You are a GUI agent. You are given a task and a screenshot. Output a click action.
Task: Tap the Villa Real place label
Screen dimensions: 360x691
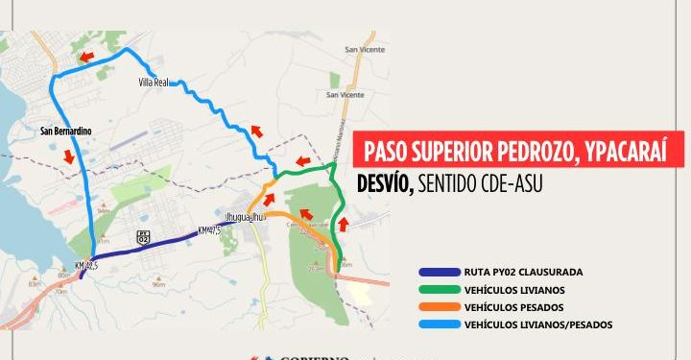tap(154, 83)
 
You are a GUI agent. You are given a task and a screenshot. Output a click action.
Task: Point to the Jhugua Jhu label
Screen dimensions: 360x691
tap(243, 216)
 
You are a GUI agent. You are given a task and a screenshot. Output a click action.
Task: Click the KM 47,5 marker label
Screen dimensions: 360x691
tap(209, 230)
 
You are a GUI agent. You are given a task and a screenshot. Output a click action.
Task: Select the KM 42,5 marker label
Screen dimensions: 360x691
tap(87, 266)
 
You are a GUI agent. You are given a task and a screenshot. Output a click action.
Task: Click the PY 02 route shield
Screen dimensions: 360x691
tap(143, 238)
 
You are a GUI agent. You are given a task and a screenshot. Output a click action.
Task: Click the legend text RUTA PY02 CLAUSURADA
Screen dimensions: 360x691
tap(522, 272)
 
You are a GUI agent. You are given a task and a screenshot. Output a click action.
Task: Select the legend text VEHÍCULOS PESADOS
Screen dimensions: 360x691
tap(510, 307)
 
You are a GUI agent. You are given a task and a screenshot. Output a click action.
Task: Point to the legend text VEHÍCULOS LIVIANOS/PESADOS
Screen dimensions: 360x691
tap(537, 325)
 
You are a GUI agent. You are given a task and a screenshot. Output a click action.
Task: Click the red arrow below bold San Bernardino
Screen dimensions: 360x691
tap(67, 156)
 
